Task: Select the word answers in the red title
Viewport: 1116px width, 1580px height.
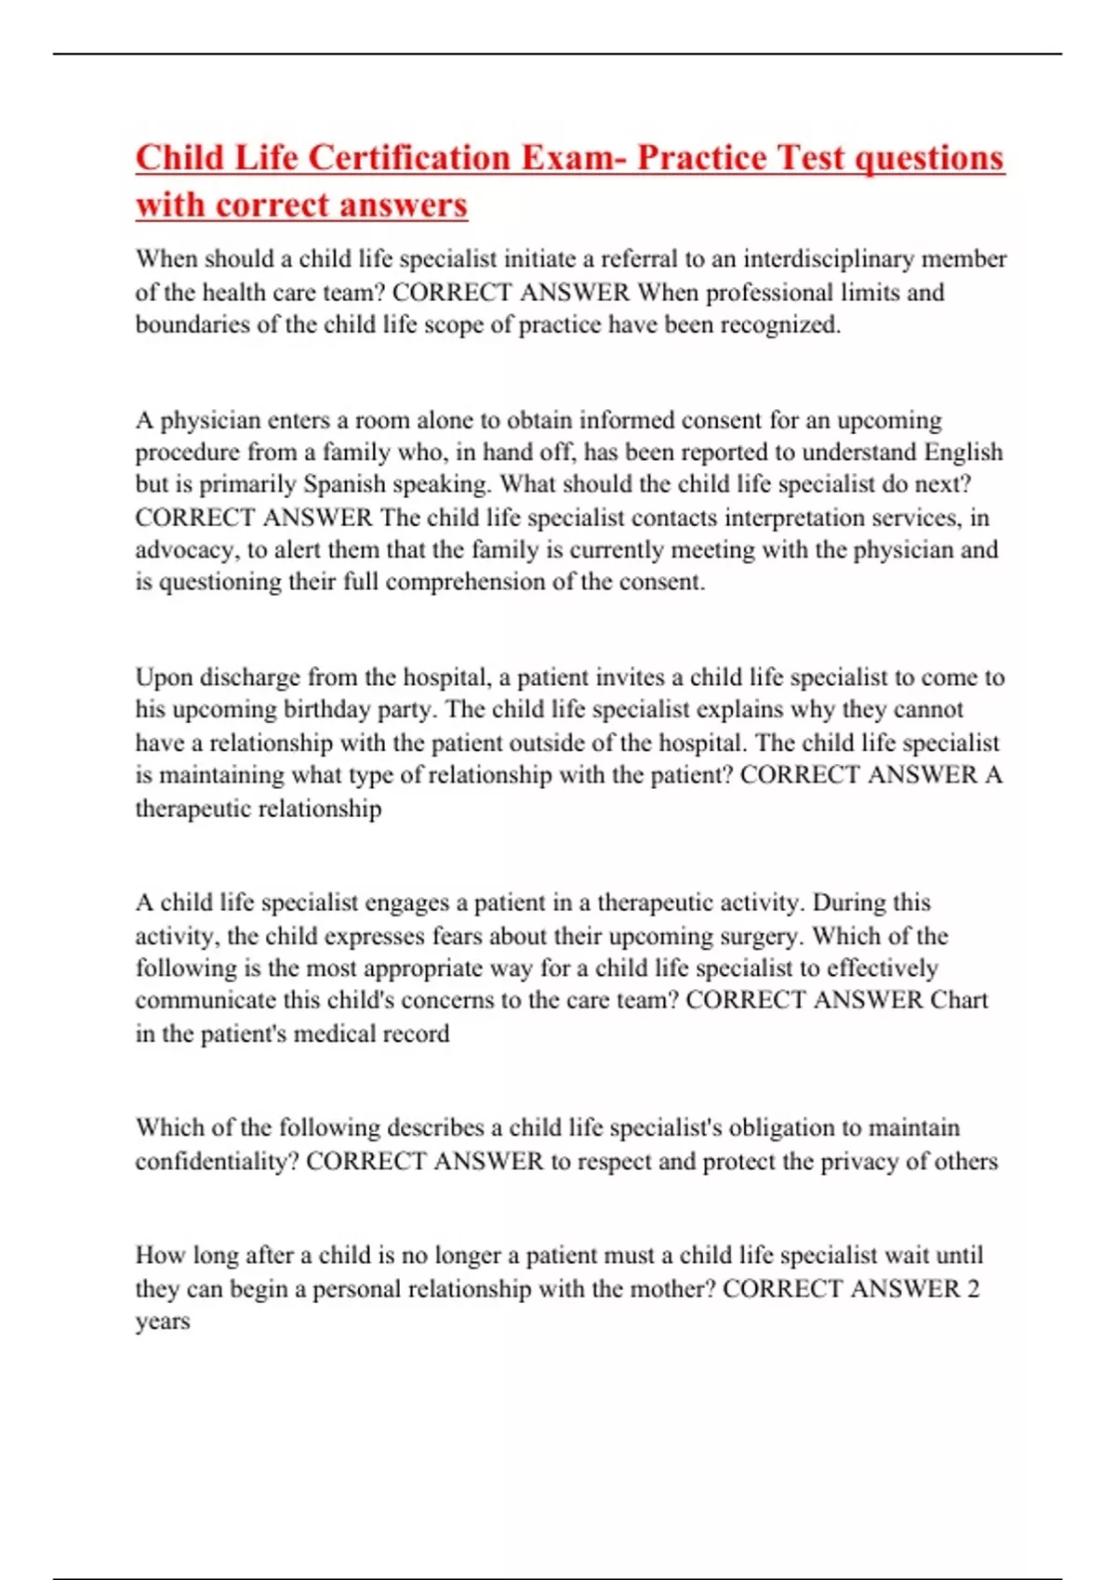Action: [403, 204]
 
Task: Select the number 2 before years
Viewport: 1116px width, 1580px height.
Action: [973, 1289]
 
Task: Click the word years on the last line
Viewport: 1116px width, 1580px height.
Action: [162, 1322]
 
